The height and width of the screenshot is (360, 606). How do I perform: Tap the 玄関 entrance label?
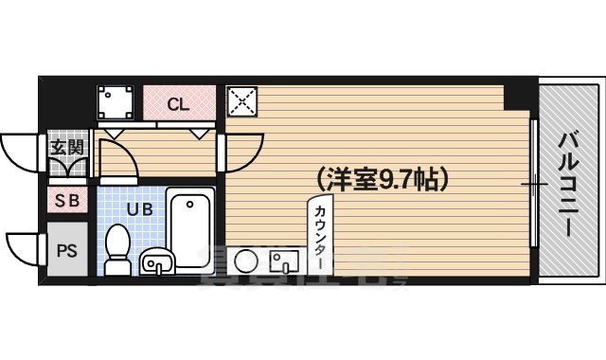(66, 148)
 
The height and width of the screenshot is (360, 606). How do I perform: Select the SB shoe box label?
(66, 200)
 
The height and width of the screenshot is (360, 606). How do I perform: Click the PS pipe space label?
(66, 251)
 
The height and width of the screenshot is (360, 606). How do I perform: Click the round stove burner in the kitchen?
(245, 261)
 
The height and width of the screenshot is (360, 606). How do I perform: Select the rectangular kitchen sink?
(283, 261)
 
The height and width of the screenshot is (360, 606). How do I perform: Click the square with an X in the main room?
(241, 101)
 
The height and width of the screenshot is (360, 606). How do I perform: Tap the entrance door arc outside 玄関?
(21, 152)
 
